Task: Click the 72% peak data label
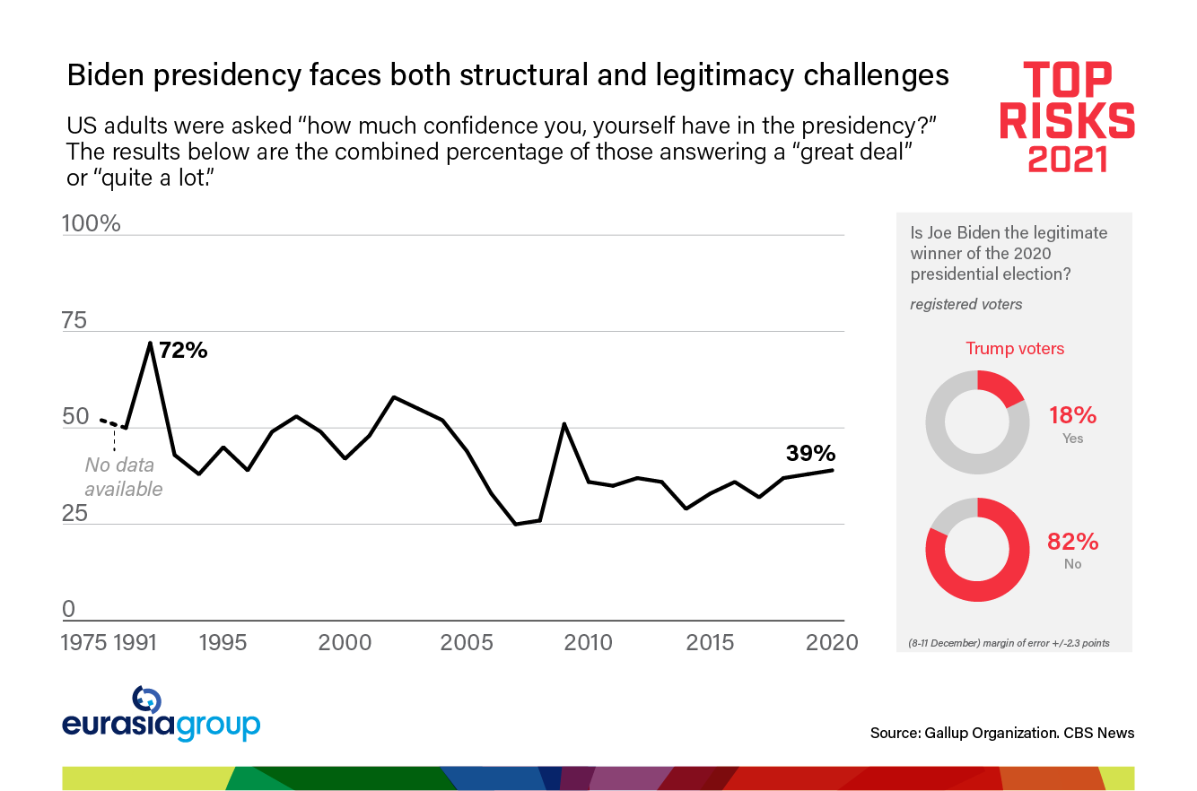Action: pyautogui.click(x=183, y=351)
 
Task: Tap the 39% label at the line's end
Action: pyautogui.click(x=810, y=453)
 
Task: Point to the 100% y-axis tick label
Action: pyautogui.click(x=91, y=223)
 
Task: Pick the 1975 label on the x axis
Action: pyautogui.click(x=86, y=642)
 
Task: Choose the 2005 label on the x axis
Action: pyautogui.click(x=467, y=642)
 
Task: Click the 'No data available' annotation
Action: pyautogui.click(x=124, y=477)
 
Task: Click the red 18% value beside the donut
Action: pyautogui.click(x=1072, y=415)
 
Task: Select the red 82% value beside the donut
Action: pyautogui.click(x=1072, y=542)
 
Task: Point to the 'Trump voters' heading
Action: pyautogui.click(x=1015, y=349)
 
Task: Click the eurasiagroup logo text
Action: pyautogui.click(x=162, y=725)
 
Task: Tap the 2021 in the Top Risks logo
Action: pyautogui.click(x=1067, y=158)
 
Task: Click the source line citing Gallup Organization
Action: pyautogui.click(x=1001, y=733)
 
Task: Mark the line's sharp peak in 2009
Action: pyautogui.click(x=564, y=423)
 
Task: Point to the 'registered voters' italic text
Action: pyautogui.click(x=965, y=304)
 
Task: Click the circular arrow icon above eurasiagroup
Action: pyautogui.click(x=146, y=700)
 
